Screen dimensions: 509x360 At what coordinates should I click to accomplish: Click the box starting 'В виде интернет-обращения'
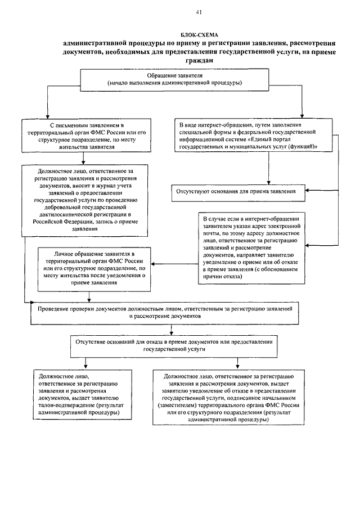pos(247,135)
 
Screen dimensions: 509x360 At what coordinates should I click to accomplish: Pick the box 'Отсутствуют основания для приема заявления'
pos(238,191)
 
